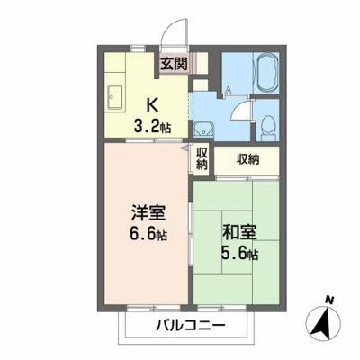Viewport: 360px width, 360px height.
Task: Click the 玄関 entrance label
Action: pos(174,63)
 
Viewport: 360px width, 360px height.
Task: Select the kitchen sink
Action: pos(115,94)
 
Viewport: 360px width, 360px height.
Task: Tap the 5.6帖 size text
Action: pos(240,255)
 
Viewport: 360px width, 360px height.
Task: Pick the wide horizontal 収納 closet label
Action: pos(247,159)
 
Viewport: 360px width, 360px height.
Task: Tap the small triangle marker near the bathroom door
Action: pos(229,90)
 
